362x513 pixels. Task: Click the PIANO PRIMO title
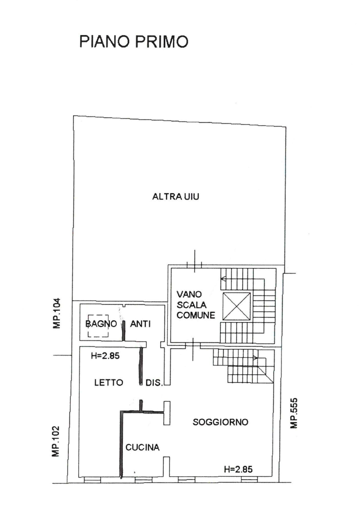click(x=134, y=42)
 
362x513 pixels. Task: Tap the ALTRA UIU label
click(x=176, y=197)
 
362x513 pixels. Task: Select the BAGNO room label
click(x=101, y=324)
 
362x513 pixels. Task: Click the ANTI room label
click(x=140, y=324)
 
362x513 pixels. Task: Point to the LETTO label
click(x=109, y=383)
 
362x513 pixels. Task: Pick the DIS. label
click(x=154, y=383)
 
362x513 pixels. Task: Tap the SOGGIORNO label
click(x=220, y=422)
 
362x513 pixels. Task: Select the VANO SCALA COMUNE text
click(x=196, y=305)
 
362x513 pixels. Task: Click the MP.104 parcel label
click(x=57, y=313)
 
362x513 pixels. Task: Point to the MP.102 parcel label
click(x=56, y=441)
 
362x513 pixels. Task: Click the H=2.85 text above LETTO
click(x=105, y=356)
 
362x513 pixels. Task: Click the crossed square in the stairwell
click(x=236, y=306)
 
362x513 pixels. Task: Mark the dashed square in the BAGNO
click(x=98, y=326)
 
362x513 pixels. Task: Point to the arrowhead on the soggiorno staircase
click(x=255, y=358)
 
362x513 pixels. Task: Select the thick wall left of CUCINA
click(x=121, y=446)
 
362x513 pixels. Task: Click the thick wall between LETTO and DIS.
click(x=140, y=366)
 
